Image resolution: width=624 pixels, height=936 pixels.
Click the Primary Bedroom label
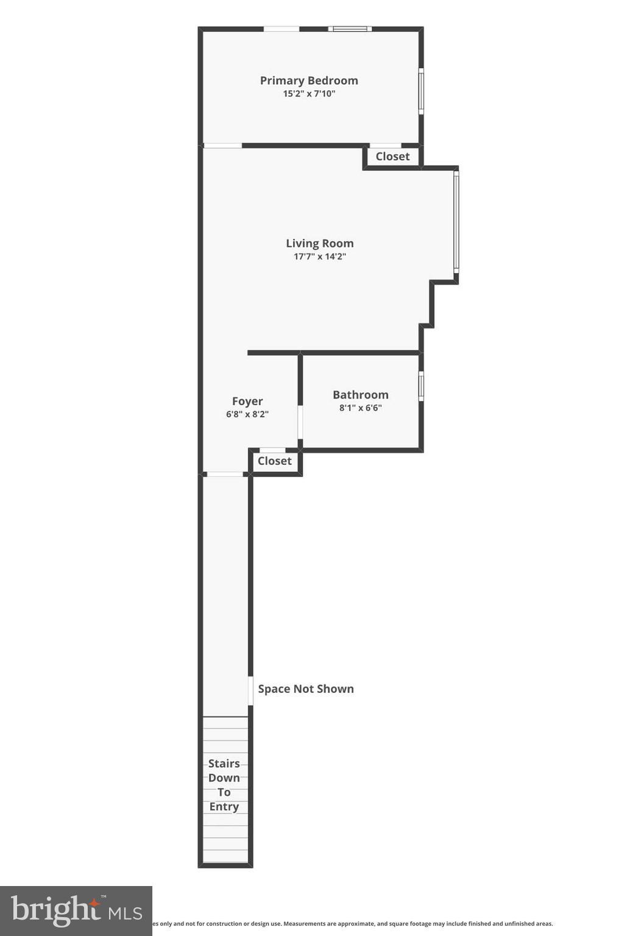[309, 80]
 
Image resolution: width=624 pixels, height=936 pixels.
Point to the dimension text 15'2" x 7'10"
[309, 94]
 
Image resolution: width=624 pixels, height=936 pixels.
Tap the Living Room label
[319, 243]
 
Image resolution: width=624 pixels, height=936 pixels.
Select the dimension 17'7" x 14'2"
[319, 257]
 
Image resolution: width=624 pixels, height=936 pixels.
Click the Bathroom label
[360, 395]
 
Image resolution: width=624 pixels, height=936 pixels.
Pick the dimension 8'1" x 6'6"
[360, 408]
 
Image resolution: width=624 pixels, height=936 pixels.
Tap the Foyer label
[247, 401]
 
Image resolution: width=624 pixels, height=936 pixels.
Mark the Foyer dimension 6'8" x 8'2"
[247, 414]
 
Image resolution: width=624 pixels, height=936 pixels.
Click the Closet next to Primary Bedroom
[392, 157]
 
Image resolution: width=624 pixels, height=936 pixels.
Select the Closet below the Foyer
[274, 461]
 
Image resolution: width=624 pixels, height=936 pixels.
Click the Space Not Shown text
[305, 689]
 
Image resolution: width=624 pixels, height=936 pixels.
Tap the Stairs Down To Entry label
[224, 785]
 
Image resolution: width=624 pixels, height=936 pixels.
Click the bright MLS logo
[76, 910]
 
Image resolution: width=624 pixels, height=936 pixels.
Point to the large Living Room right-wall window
[456, 221]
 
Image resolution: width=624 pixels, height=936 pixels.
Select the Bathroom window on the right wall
[421, 386]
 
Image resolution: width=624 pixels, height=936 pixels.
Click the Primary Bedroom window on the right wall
[421, 91]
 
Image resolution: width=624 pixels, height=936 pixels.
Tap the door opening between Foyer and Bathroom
[300, 422]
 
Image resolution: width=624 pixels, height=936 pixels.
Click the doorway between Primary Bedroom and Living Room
[222, 146]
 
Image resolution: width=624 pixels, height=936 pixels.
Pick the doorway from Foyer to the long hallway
[225, 474]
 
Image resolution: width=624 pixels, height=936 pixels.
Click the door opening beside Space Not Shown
[250, 691]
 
